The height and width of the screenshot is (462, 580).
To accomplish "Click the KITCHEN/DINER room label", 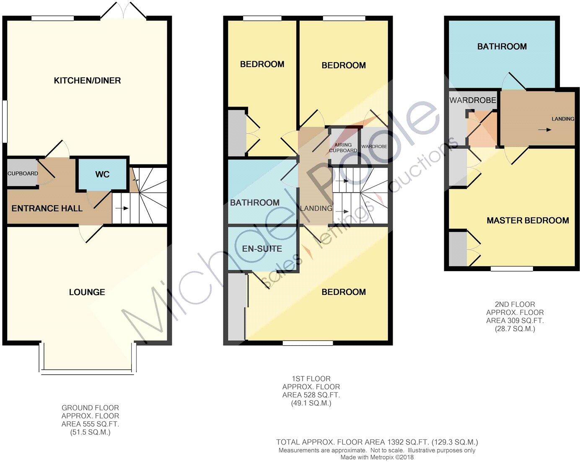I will tap(87, 81).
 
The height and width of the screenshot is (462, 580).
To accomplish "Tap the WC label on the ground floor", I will tap(102, 174).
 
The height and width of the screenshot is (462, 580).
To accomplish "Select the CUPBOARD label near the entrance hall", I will tap(23, 173).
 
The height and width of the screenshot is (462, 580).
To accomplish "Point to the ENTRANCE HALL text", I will tap(47, 209).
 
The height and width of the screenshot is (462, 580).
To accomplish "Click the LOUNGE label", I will tap(87, 292).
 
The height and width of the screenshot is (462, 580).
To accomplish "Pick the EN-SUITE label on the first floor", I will tap(262, 249).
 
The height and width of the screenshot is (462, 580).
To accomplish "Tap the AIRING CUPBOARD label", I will tap(343, 148).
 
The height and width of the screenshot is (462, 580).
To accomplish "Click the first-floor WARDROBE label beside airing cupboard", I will tap(374, 147).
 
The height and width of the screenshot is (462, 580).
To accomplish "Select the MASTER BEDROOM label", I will tap(528, 221).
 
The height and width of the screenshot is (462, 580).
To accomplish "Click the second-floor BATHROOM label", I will tap(502, 47).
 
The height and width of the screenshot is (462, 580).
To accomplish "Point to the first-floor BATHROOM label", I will tap(255, 203).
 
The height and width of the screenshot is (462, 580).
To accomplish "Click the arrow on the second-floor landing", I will tap(544, 130).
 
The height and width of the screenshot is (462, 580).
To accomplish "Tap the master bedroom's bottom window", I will tap(512, 269).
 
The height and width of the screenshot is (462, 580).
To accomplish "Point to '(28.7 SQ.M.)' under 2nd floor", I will tap(515, 329).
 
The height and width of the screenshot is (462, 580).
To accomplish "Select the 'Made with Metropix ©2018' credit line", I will tap(377, 457).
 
